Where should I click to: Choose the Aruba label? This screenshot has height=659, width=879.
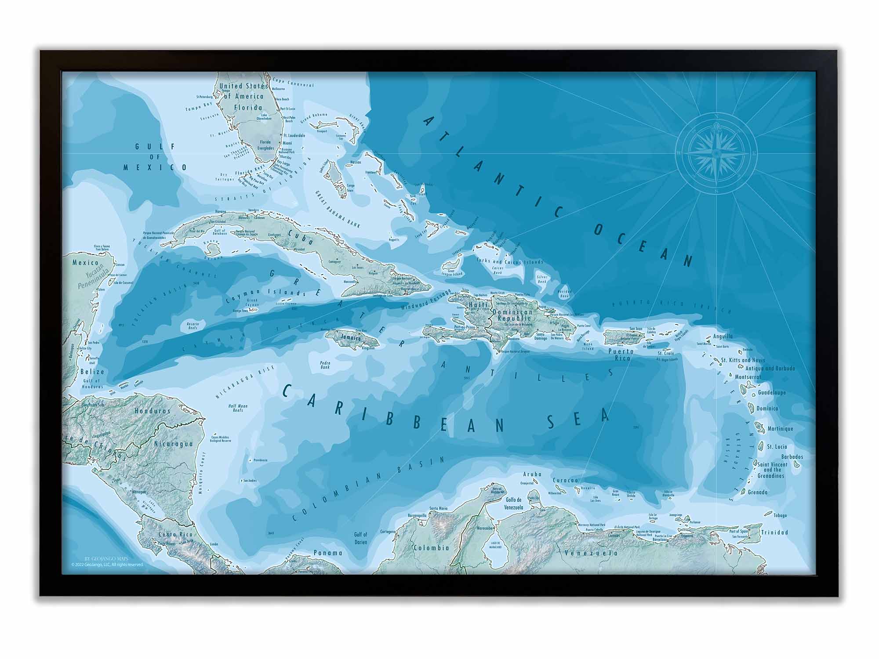(x=532, y=474)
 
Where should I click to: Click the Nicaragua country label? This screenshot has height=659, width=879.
(x=173, y=444)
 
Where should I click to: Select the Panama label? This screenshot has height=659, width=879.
(x=327, y=553)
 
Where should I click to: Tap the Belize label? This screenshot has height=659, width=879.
(x=92, y=372)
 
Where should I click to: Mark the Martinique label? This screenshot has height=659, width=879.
(x=780, y=428)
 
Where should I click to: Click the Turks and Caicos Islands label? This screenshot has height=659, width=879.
(x=510, y=262)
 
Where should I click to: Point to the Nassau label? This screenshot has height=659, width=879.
(x=356, y=162)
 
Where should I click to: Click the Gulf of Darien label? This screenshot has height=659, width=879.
(x=360, y=538)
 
